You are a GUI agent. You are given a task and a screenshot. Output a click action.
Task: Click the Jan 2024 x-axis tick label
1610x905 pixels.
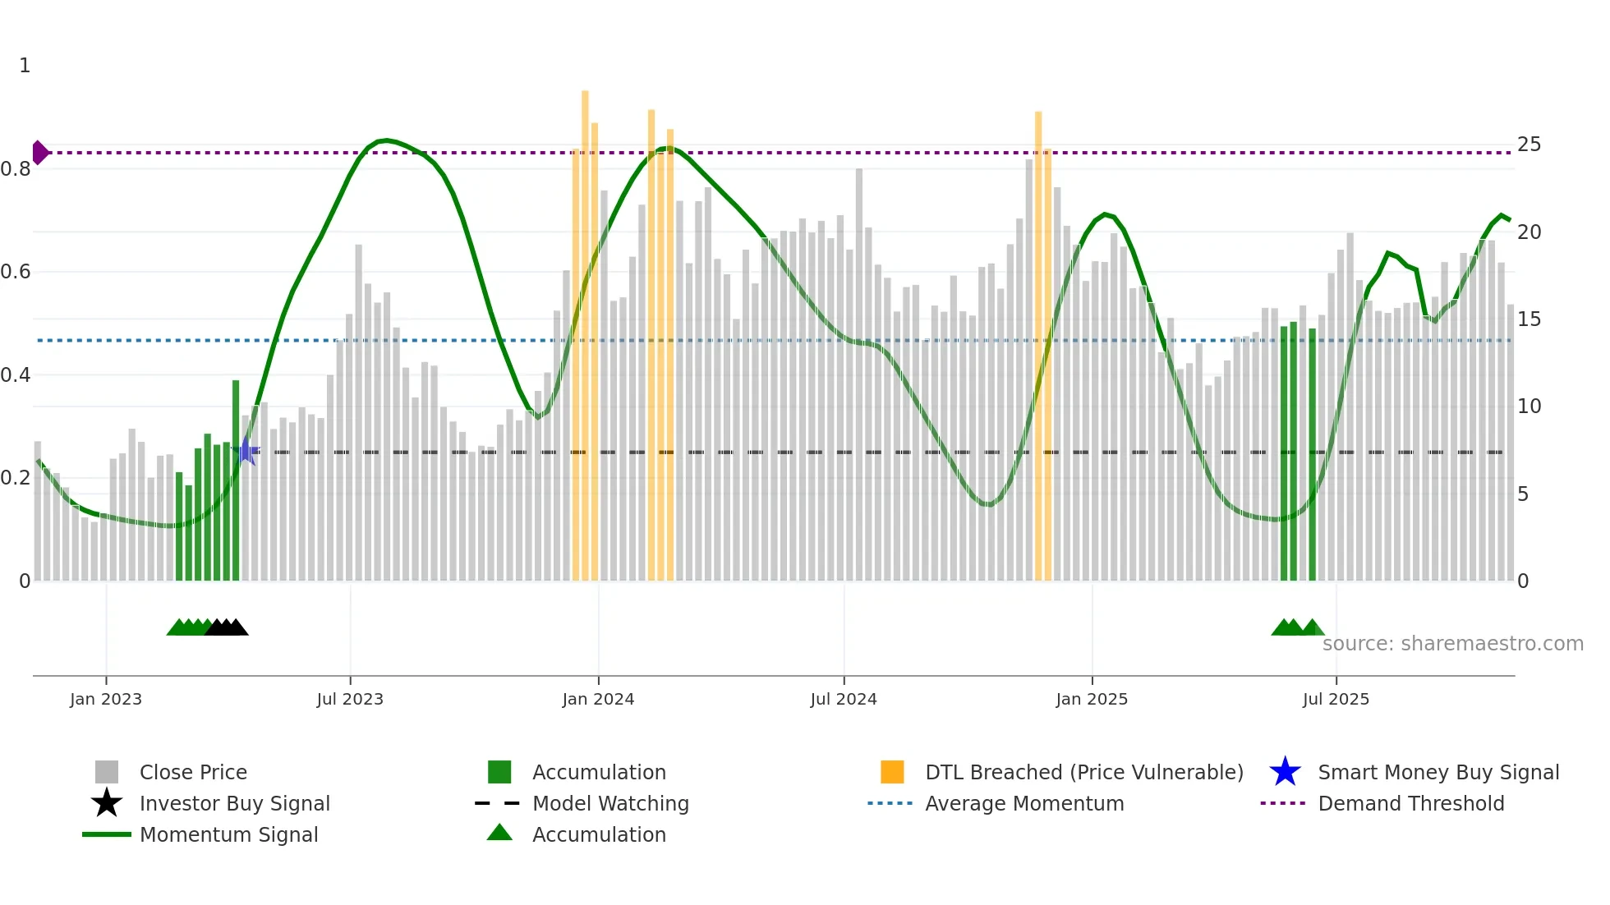coord(598,699)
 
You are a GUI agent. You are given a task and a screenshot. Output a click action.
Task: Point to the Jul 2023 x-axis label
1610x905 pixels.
coord(350,699)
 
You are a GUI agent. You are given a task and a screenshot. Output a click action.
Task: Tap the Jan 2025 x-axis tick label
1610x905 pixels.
coord(1092,699)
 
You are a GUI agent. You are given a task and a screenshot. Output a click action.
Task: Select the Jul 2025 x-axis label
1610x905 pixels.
coord(1336,699)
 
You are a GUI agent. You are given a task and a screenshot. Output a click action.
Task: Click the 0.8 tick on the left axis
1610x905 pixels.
coord(16,169)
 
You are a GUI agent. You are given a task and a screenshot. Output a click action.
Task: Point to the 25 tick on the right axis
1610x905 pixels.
coord(1529,145)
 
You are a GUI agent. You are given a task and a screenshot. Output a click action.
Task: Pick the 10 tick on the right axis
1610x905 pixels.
coord(1529,407)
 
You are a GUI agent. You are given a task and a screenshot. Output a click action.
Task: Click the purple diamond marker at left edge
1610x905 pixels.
coord(39,153)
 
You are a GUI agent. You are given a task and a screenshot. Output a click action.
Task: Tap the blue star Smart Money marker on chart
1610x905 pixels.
coord(246,451)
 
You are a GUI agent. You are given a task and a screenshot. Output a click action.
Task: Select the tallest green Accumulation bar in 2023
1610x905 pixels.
coord(236,480)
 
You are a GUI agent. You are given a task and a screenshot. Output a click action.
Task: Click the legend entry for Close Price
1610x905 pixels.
coord(193,772)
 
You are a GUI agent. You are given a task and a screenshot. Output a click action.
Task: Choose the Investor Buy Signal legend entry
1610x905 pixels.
coord(234,803)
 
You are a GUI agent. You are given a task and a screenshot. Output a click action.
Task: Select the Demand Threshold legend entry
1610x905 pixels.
coord(1410,803)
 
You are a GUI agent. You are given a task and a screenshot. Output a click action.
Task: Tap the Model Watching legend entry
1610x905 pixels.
coord(610,803)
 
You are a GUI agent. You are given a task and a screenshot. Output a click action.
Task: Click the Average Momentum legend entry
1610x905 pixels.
coord(1024,803)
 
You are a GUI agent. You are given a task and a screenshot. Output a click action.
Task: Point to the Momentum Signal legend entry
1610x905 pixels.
coord(228,834)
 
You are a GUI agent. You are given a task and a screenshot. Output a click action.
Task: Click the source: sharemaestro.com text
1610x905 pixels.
coord(1452,643)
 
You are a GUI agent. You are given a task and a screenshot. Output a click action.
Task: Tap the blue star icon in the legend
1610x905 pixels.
coord(1285,772)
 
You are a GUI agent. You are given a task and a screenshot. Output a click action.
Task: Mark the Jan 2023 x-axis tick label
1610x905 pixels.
coord(106,699)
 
